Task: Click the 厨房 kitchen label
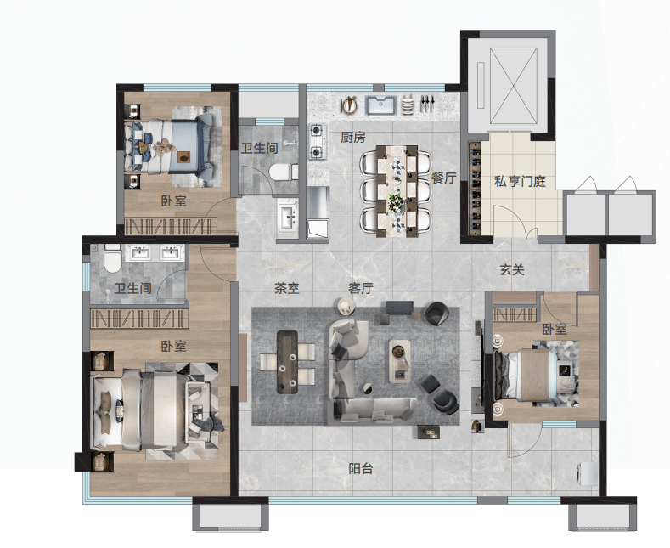[353, 138]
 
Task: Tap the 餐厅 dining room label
[443, 178]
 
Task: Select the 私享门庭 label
[520, 181]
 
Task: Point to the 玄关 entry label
[512, 269]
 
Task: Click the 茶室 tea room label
[287, 289]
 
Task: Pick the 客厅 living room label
[361, 289]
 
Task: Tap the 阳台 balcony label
[361, 469]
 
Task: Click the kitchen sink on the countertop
[381, 105]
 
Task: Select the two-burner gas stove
[317, 141]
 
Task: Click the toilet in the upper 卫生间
[284, 172]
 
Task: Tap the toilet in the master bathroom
[112, 257]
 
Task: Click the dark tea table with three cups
[287, 362]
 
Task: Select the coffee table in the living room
[399, 361]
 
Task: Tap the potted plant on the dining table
[396, 201]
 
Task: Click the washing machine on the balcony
[588, 473]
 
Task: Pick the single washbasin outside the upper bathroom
[288, 217]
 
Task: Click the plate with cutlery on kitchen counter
[349, 105]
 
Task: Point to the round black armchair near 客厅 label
[436, 314]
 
